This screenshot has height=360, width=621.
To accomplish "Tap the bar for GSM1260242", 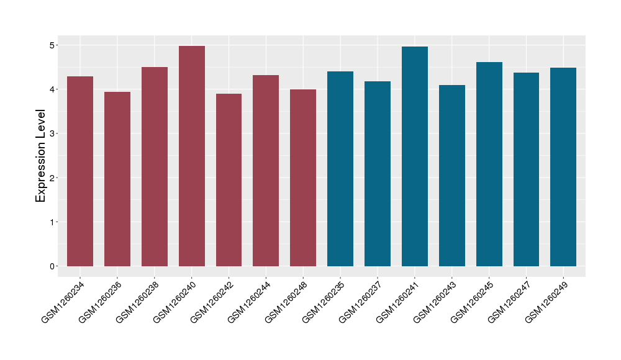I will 229,180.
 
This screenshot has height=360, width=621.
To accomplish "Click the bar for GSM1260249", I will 563,167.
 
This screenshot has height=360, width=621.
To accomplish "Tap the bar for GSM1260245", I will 489,164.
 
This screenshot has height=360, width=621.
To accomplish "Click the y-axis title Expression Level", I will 41,156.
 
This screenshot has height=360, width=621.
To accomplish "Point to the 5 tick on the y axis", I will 53,45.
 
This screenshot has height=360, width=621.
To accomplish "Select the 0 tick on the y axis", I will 53,266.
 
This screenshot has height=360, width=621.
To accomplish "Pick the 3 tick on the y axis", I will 53,133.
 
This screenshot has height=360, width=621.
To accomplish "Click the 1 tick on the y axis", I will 53,222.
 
